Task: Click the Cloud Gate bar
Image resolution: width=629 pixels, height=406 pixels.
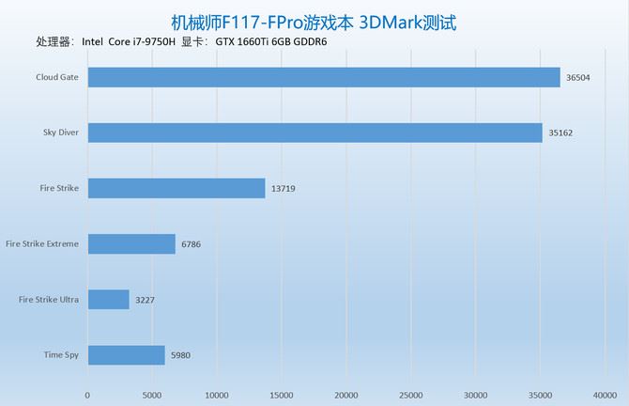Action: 324,78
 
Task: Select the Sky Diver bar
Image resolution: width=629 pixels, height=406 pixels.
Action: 314,133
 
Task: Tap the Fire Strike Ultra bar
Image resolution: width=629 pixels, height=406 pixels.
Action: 108,300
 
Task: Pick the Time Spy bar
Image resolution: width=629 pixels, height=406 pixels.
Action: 126,355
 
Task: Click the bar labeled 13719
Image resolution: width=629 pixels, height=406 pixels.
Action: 176,188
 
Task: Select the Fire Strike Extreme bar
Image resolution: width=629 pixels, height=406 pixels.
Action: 131,244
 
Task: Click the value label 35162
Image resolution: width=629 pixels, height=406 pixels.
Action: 561,133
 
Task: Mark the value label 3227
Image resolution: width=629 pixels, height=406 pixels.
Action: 146,300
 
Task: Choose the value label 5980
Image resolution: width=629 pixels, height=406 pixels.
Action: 181,355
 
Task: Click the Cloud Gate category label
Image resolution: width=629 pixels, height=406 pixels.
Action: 57,78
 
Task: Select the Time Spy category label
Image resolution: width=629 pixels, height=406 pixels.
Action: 61,355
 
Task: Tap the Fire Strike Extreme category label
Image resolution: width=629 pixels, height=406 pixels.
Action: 42,244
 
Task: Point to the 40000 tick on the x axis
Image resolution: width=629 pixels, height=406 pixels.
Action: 606,394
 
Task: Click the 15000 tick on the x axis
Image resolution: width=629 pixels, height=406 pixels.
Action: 282,394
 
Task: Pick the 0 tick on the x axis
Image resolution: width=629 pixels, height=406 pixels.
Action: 87,394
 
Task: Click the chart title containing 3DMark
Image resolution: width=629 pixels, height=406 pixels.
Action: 314,21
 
